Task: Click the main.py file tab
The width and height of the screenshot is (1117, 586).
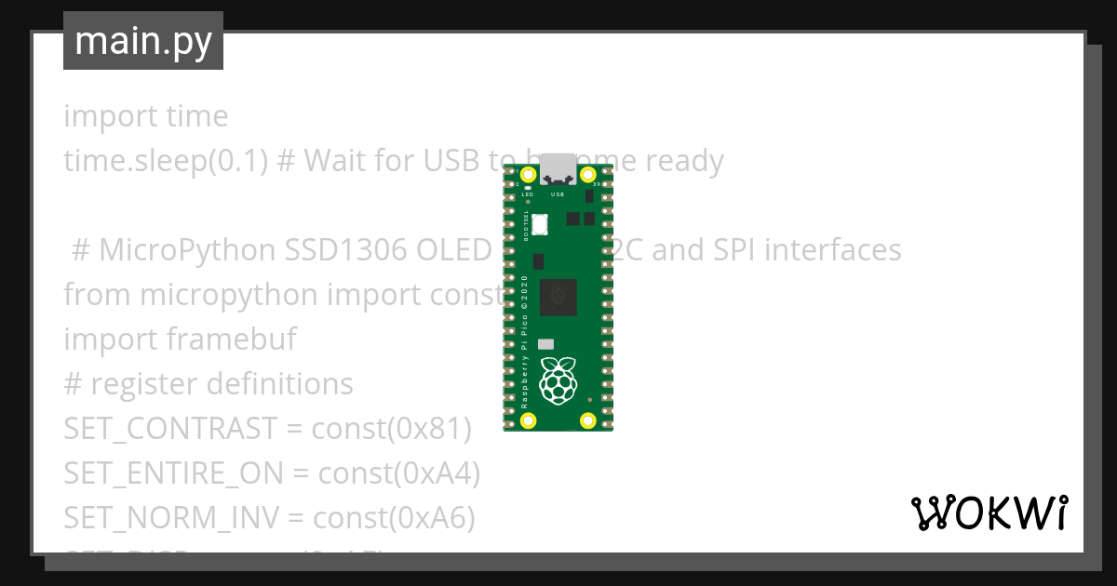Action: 143,41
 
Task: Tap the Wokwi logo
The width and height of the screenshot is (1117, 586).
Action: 989,513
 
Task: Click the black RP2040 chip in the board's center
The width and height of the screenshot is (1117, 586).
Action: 558,296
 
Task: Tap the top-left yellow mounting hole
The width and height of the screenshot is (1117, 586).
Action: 529,175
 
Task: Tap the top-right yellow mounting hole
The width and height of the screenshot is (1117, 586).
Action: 587,175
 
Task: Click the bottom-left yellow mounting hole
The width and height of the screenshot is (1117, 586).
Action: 529,420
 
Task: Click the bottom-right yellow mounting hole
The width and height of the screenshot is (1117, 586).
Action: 587,420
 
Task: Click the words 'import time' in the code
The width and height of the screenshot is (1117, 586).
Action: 145,116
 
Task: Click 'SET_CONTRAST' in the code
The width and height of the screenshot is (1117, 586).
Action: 170,429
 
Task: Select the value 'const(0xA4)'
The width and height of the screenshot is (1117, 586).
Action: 398,473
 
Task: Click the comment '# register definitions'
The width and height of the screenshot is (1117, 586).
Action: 209,384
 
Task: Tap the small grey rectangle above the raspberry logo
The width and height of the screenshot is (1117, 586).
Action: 545,343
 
